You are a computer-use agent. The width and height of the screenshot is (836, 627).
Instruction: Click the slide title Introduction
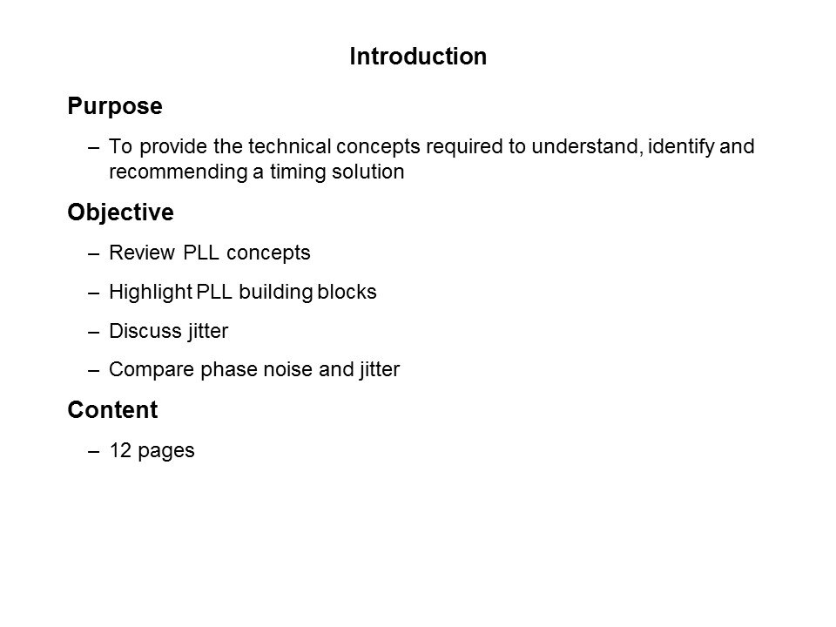[418, 56]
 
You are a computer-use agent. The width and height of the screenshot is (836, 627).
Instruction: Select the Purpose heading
[115, 106]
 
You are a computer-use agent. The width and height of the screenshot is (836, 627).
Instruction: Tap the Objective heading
[120, 212]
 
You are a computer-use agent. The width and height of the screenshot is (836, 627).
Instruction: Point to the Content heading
[112, 409]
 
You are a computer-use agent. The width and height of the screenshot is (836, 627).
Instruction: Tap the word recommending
[179, 172]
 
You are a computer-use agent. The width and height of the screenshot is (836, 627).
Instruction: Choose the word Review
[142, 253]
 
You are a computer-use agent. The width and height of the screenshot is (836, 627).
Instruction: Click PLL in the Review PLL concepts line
[201, 253]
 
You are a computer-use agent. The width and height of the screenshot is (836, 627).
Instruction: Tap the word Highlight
[151, 293]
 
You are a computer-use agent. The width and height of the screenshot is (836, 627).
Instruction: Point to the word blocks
[347, 292]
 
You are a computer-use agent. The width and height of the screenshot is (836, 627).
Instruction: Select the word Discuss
[145, 331]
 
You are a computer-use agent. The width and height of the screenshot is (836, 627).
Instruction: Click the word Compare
[152, 369]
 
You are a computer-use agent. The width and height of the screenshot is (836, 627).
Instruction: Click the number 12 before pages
[120, 450]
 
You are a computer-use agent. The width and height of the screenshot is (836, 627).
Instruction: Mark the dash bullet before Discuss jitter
[94, 332]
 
